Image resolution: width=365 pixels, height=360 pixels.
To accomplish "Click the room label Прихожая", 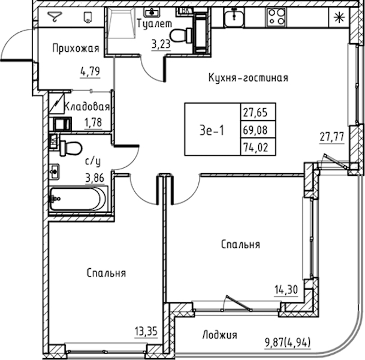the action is pyautogui.click(x=76, y=49).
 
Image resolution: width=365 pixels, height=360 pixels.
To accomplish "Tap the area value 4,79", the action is pyautogui.click(x=90, y=71).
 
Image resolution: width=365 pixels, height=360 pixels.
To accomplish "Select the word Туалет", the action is pyautogui.click(x=155, y=23).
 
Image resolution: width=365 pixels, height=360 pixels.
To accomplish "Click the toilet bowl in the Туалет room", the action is pyautogui.click(x=182, y=35).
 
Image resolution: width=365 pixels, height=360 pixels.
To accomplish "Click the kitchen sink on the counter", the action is pyautogui.click(x=234, y=17).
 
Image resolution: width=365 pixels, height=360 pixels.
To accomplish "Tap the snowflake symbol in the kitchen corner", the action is pyautogui.click(x=339, y=17).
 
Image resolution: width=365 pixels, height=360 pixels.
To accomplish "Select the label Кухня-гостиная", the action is pyautogui.click(x=248, y=77).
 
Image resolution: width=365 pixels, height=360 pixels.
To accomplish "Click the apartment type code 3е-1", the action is pyautogui.click(x=212, y=130).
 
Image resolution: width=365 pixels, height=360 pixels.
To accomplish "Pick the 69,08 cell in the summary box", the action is pyautogui.click(x=255, y=130).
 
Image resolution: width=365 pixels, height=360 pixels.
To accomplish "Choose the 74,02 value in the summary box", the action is pyautogui.click(x=255, y=147).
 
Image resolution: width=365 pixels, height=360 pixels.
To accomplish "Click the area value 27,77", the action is pyautogui.click(x=331, y=137).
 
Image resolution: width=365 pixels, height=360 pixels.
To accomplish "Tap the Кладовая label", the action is pyautogui.click(x=86, y=107).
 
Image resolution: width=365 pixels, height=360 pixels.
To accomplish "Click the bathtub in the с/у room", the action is pyautogui.click(x=78, y=199).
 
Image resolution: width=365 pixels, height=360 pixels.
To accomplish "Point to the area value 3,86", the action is pyautogui.click(x=95, y=178).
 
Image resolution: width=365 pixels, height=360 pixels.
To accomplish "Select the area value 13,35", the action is pyautogui.click(x=146, y=331).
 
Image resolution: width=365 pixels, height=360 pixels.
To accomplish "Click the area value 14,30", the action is pyautogui.click(x=286, y=290).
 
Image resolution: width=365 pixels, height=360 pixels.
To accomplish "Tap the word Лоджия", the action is pyautogui.click(x=220, y=335).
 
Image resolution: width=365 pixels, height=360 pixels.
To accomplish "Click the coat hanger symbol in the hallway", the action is pyautogui.click(x=55, y=17).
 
